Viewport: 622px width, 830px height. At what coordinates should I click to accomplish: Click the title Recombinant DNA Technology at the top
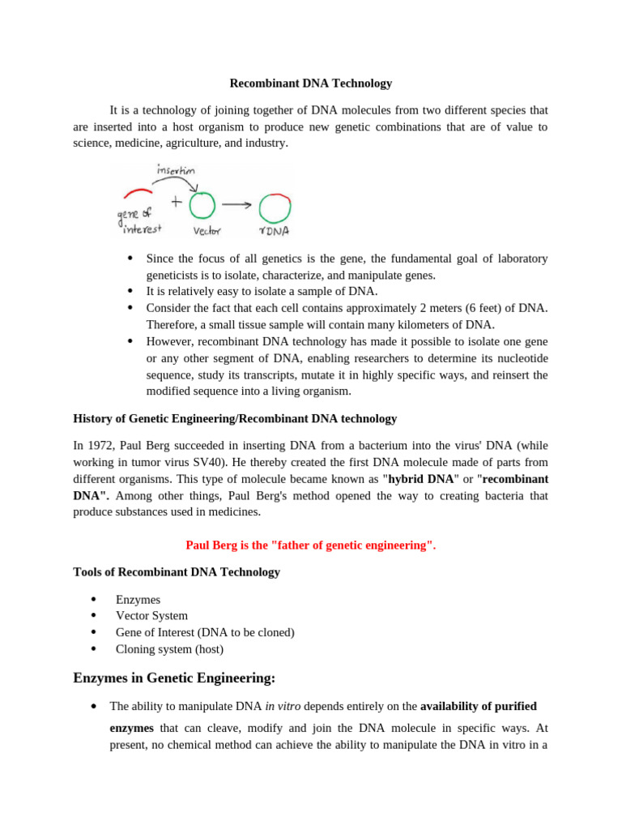pyautogui.click(x=310, y=83)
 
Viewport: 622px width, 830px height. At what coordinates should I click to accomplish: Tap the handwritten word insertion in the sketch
pyautogui.click(x=175, y=170)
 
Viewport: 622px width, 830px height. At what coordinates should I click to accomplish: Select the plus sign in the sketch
pyautogui.click(x=176, y=203)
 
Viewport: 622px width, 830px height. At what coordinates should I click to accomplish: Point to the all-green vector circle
pyautogui.click(x=202, y=205)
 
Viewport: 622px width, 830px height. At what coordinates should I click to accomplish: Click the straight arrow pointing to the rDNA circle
pyautogui.click(x=236, y=204)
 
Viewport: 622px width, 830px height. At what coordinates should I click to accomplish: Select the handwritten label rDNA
pyautogui.click(x=275, y=232)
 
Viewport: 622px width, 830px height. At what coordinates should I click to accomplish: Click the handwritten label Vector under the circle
pyautogui.click(x=207, y=231)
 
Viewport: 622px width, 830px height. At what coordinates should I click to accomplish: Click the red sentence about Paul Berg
pyautogui.click(x=310, y=545)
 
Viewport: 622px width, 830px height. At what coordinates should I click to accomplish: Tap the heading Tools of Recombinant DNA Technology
pyautogui.click(x=177, y=572)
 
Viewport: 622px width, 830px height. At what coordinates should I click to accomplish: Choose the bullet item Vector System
pyautogui.click(x=151, y=616)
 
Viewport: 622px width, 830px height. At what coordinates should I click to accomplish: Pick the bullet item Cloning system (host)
pyautogui.click(x=169, y=649)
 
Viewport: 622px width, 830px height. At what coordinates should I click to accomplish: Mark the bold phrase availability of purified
pyautogui.click(x=478, y=707)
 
